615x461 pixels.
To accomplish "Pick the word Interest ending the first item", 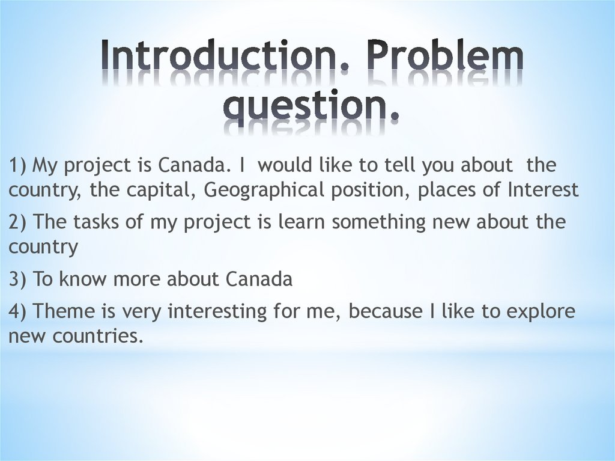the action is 543,190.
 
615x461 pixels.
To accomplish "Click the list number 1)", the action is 17,165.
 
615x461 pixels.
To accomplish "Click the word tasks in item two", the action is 95,222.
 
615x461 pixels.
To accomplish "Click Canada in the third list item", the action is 259,279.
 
